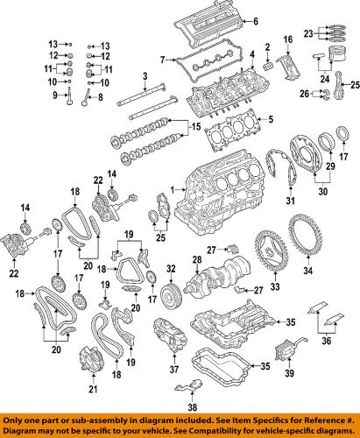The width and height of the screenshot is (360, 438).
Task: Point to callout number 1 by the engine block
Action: [x=173, y=189]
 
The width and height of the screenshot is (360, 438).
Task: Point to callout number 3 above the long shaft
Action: [x=143, y=78]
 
